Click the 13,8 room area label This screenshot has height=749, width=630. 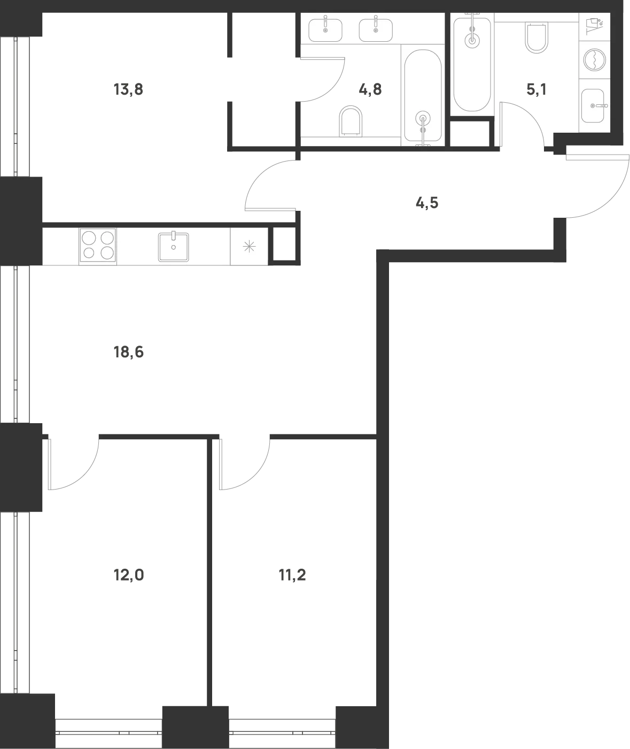click(x=128, y=89)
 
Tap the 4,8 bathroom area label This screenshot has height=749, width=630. click(x=370, y=89)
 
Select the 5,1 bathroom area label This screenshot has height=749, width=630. click(x=536, y=89)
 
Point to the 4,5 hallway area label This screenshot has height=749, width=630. click(x=427, y=203)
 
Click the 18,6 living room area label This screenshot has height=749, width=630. click(x=129, y=352)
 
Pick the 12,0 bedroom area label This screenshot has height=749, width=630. click(x=129, y=575)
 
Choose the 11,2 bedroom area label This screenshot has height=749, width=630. click(x=292, y=575)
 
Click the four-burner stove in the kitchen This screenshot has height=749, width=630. click(x=98, y=247)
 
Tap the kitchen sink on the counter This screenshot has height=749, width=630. click(x=174, y=247)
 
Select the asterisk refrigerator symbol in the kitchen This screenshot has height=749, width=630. click(x=249, y=247)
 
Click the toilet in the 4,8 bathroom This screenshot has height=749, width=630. click(x=351, y=121)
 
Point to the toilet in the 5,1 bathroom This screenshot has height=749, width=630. click(x=537, y=37)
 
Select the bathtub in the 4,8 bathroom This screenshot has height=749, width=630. click(x=423, y=97)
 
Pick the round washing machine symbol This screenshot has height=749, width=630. click(x=595, y=59)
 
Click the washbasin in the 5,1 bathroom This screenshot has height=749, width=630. click(x=594, y=106)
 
